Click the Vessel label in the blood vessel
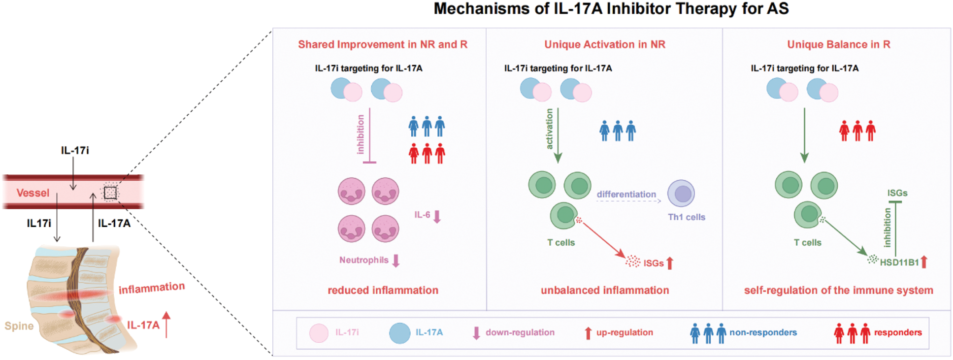tap(33, 193)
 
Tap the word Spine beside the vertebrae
tap(19, 326)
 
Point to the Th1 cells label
tap(687, 217)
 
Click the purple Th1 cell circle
tap(681, 193)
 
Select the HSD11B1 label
tap(899, 262)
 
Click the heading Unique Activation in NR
tap(605, 44)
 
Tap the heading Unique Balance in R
tap(839, 44)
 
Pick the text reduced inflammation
tap(383, 291)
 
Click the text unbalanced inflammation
tap(605, 291)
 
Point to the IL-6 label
tap(422, 215)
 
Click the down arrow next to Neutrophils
tap(396, 261)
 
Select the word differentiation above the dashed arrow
tap(626, 194)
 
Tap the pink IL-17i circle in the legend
tap(319, 333)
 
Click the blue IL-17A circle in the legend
tap(399, 333)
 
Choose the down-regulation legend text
tap(520, 332)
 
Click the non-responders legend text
tap(763, 332)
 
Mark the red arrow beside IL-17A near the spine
tap(166, 325)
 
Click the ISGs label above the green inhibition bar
tap(897, 193)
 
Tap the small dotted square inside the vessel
tap(110, 193)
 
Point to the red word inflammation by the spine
tap(152, 288)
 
